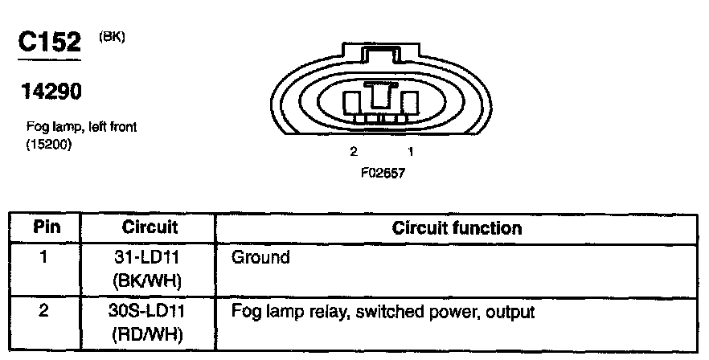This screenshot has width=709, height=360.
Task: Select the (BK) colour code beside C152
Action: click(111, 37)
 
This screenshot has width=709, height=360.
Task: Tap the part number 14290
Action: click(51, 92)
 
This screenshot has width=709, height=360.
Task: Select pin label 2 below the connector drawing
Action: click(353, 151)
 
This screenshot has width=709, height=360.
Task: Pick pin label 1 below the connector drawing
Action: click(411, 151)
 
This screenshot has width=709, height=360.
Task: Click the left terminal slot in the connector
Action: click(354, 103)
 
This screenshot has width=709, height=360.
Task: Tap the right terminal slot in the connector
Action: click(409, 103)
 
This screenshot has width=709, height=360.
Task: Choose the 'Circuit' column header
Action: click(150, 227)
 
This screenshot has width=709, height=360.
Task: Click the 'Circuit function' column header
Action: click(457, 228)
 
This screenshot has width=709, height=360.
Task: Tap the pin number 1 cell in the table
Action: click(46, 259)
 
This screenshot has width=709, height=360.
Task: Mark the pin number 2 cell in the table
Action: click(46, 310)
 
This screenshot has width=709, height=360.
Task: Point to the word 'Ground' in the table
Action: click(260, 259)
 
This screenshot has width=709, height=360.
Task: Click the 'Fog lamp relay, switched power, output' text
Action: click(383, 310)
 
